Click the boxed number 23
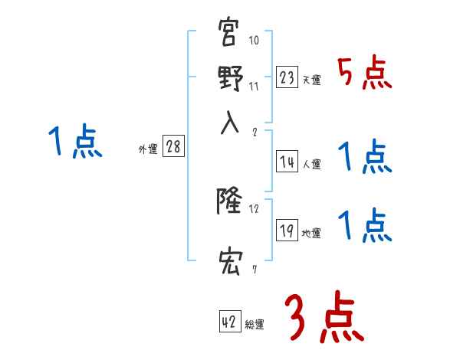click(x=287, y=77)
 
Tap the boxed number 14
click(x=287, y=162)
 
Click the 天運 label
click(x=311, y=80)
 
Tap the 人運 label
click(x=311, y=163)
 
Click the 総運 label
click(x=255, y=324)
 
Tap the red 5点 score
click(x=365, y=74)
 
